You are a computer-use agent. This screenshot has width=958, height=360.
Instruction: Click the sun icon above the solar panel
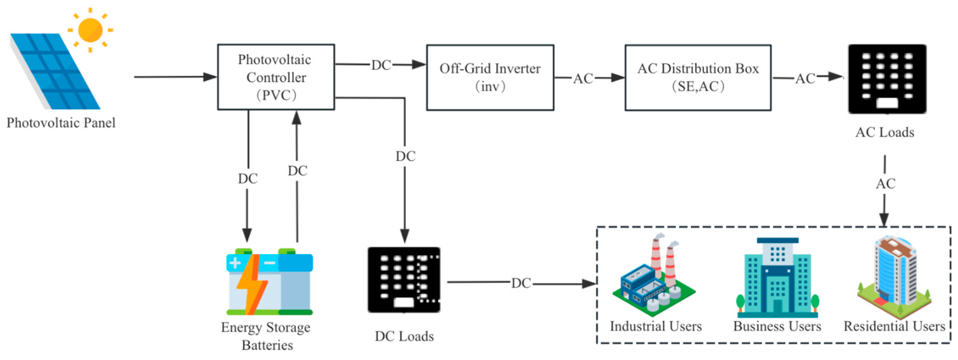click(90, 30)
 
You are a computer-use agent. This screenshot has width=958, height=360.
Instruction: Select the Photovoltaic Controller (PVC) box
click(276, 77)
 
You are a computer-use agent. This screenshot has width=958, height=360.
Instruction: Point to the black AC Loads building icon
click(887, 79)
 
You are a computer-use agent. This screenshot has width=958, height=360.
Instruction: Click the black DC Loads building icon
click(404, 280)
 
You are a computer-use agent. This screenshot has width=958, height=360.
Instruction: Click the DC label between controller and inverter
click(381, 65)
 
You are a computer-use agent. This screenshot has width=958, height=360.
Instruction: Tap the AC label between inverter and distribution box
click(583, 78)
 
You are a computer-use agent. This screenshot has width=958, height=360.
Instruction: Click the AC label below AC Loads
click(885, 183)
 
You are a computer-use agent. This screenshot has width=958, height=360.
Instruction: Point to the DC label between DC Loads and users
click(521, 283)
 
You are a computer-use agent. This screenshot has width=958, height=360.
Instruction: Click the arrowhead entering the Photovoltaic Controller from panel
click(210, 77)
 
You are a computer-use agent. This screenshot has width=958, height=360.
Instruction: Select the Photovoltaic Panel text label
click(61, 123)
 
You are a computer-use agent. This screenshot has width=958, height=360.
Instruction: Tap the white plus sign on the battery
click(235, 263)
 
